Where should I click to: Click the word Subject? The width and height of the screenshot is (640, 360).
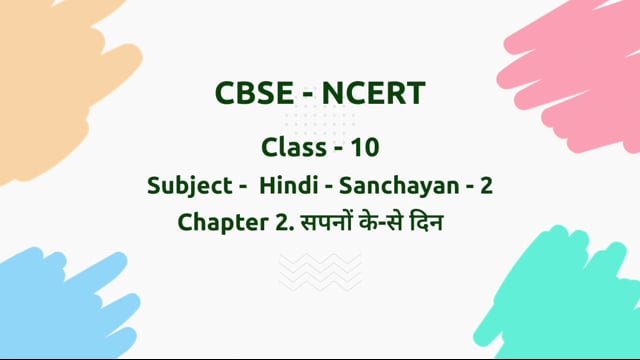point(185,186)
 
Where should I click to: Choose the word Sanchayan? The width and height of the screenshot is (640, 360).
point(401,185)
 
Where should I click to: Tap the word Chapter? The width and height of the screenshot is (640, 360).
point(218,222)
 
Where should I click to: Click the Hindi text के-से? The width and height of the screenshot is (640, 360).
point(384,222)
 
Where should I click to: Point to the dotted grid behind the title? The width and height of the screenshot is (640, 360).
point(320,120)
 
